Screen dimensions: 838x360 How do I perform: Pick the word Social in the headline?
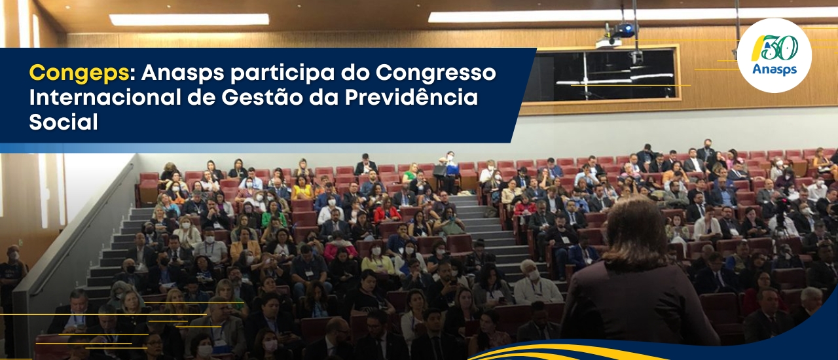click(x=64, y=122)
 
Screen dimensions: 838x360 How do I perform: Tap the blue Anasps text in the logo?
click(x=774, y=69)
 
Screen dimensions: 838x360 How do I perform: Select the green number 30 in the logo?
click(x=780, y=48)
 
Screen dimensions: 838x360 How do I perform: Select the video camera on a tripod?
click(x=781, y=217)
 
